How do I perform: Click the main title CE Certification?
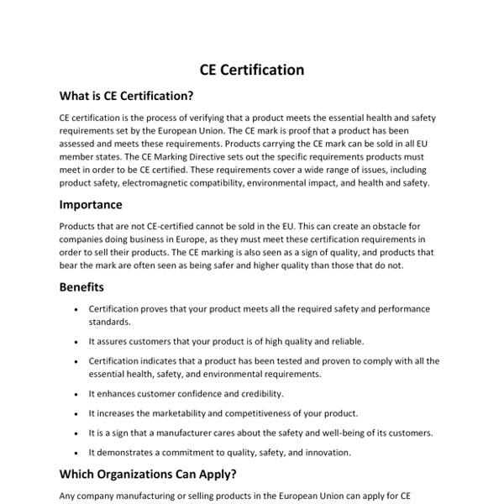click(x=252, y=70)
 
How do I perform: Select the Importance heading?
click(x=91, y=204)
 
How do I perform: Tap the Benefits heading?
click(x=81, y=286)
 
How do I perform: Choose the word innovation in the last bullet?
click(x=327, y=453)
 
